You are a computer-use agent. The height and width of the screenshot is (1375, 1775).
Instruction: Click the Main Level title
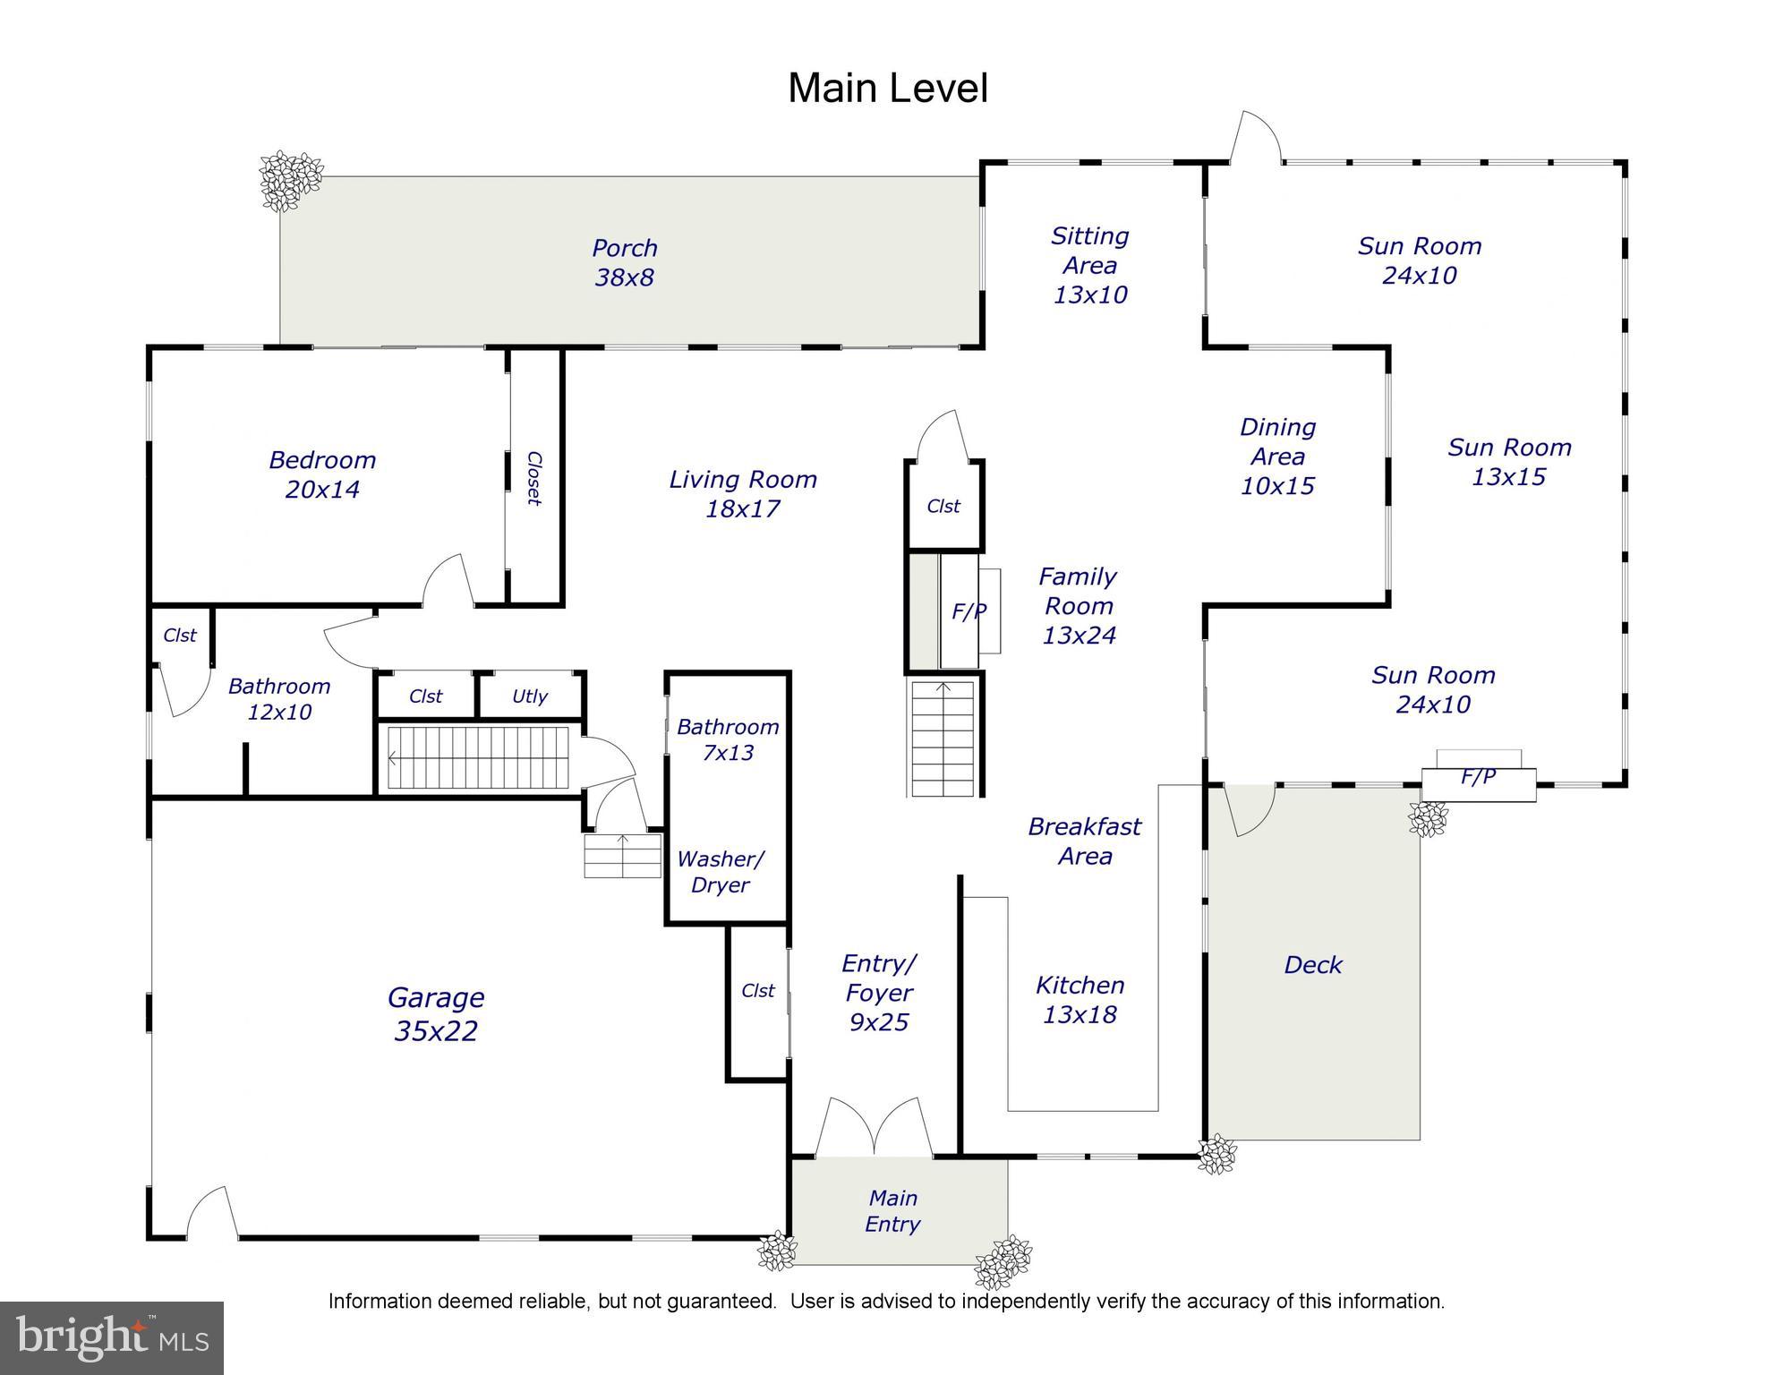887,89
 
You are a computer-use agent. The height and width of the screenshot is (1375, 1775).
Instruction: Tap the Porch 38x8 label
624,262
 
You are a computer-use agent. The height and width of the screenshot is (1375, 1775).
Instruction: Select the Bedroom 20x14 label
322,474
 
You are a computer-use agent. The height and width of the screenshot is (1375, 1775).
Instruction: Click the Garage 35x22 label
435,1013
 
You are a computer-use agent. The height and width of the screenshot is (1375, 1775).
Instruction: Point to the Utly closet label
530,696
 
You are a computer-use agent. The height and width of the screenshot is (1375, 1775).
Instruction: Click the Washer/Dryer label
720,872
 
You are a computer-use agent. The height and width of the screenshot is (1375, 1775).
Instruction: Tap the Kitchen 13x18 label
1080,1000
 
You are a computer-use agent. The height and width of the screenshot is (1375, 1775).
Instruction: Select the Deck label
1312,965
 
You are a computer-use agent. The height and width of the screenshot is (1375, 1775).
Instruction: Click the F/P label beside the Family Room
969,611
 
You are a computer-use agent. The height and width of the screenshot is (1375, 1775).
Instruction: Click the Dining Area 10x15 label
1277,457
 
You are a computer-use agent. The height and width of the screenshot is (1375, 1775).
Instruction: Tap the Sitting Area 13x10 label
1089,265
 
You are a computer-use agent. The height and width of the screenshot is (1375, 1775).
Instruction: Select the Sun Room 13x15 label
1509,462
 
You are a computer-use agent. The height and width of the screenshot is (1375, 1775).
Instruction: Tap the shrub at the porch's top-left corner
289,180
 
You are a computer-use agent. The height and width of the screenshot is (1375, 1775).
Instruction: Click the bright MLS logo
111,1337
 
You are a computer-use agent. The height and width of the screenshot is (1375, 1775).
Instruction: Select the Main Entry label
892,1211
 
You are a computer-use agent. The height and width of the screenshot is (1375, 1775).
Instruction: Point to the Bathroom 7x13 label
727,739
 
